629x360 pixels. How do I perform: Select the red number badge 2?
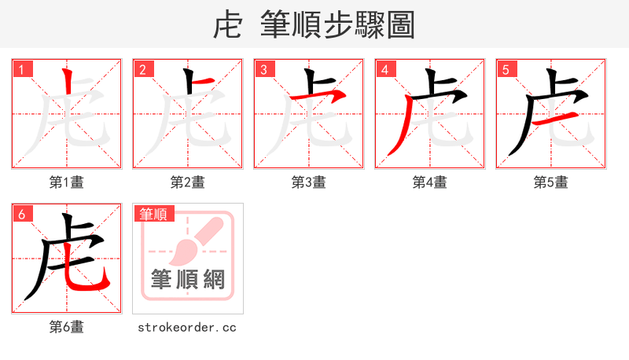(143, 69)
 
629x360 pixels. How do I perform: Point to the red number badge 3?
(264, 69)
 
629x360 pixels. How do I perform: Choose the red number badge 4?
(385, 69)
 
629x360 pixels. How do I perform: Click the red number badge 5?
(506, 69)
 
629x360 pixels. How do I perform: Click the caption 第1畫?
(67, 182)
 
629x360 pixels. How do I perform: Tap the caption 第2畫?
(188, 182)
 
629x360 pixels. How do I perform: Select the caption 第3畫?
(309, 182)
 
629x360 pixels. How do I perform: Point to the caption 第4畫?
(430, 182)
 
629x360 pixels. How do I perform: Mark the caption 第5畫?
(551, 182)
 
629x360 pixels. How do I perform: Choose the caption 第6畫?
(67, 327)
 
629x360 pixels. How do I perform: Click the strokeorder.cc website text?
(187, 327)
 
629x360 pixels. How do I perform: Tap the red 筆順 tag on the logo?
(154, 214)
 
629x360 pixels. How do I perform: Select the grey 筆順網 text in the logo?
(188, 279)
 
